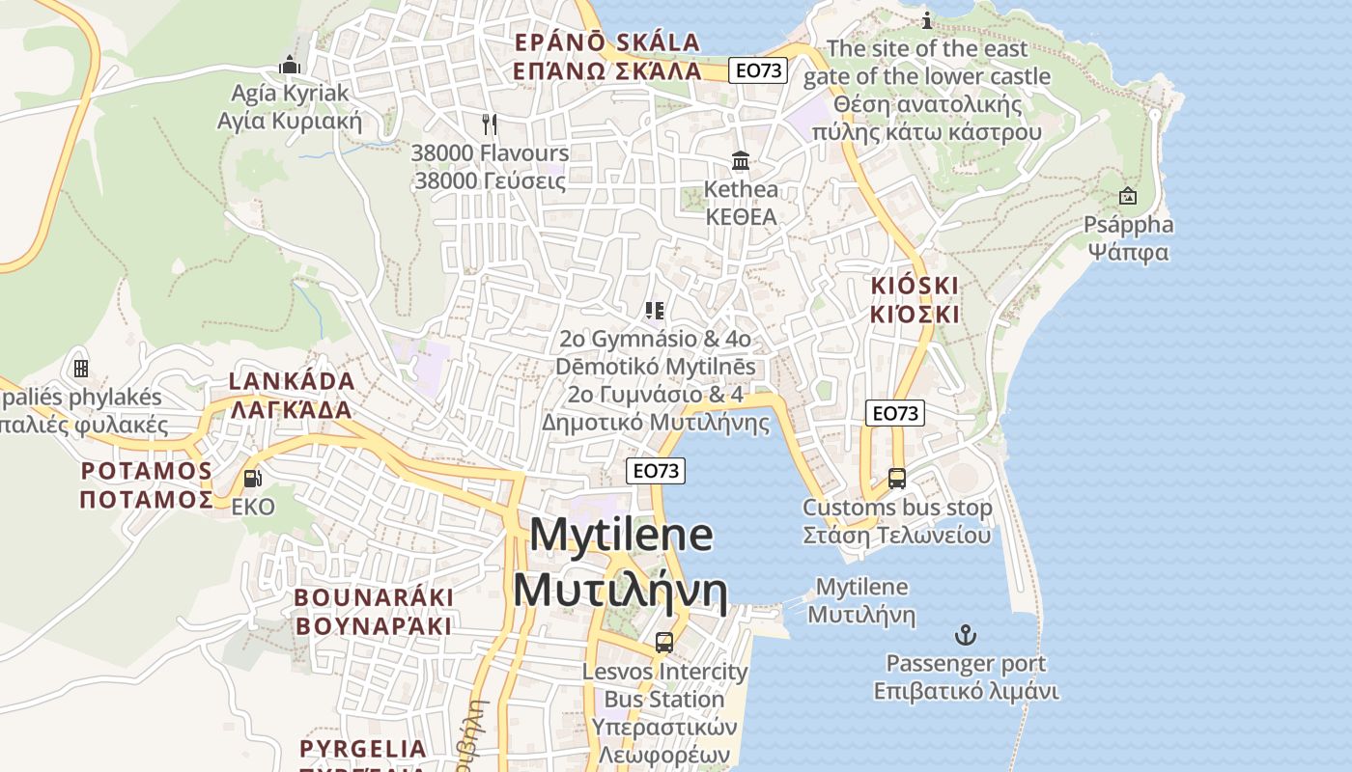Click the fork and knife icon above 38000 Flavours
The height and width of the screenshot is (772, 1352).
tap(490, 124)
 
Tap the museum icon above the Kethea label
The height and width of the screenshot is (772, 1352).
tap(741, 159)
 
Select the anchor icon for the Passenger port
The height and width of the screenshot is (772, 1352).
tap(965, 635)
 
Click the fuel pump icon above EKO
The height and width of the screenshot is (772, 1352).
tap(252, 478)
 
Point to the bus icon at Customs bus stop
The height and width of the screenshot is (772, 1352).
tap(897, 478)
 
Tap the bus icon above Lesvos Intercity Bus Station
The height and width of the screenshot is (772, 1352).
tap(663, 642)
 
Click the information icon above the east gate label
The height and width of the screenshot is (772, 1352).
tap(927, 20)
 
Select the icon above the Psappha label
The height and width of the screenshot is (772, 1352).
tap(1127, 196)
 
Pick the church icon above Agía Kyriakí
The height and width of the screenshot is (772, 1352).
tap(289, 65)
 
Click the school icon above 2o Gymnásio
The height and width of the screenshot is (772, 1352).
tap(655, 310)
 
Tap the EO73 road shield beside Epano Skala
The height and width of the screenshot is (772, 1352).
tap(758, 69)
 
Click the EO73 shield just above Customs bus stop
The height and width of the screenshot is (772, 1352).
tap(894, 413)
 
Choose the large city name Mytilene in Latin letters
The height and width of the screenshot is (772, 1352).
tap(621, 535)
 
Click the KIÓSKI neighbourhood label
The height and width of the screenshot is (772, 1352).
tap(915, 286)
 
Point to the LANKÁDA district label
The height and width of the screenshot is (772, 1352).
tap(292, 381)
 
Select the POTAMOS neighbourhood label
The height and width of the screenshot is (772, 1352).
tap(147, 471)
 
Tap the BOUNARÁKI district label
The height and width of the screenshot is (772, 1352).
tap(374, 597)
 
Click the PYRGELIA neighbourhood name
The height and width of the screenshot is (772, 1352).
tap(363, 749)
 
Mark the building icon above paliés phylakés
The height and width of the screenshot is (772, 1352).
tap(81, 368)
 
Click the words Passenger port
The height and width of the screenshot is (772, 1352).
tap(966, 664)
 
